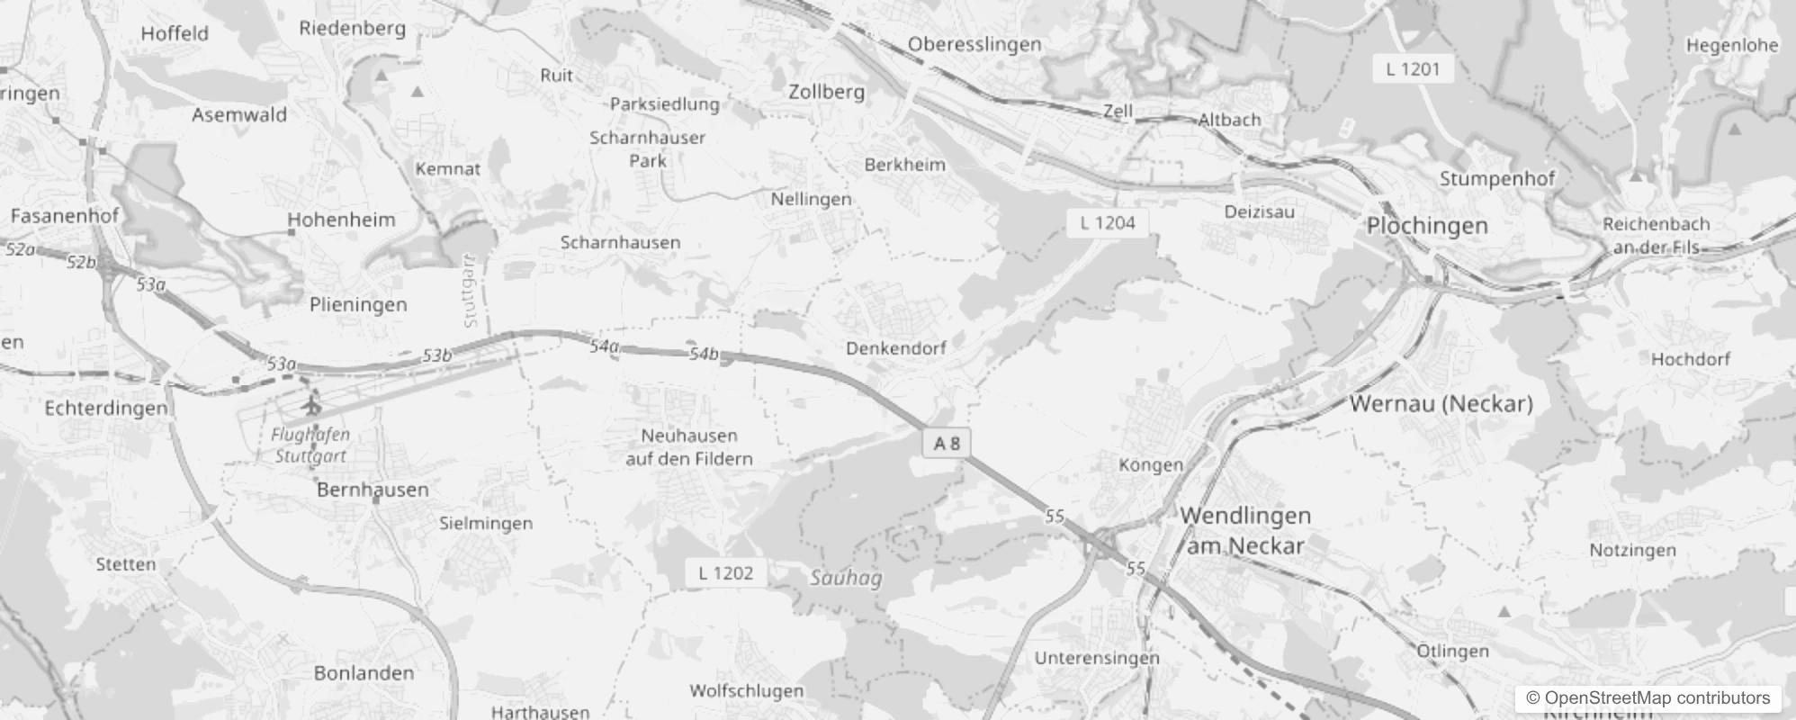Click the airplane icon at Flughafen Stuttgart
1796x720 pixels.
point(312,404)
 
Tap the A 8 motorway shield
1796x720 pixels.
point(947,443)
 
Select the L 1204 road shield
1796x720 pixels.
point(1108,223)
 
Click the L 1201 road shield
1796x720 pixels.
point(1413,68)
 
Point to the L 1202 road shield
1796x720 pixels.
point(726,572)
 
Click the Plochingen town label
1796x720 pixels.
point(1427,226)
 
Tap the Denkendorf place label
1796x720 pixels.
point(895,347)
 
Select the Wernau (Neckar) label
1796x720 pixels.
point(1441,403)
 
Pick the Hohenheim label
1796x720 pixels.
point(341,220)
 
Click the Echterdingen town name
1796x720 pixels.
point(106,408)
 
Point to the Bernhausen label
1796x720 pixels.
point(373,490)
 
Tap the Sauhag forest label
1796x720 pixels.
point(846,578)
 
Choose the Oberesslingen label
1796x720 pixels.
point(974,44)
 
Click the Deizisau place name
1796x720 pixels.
point(1260,212)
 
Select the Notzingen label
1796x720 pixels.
point(1633,550)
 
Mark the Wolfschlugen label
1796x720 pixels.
point(746,690)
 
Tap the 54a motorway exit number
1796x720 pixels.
point(604,346)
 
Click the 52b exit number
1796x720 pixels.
point(81,262)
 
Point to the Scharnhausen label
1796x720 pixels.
point(620,242)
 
